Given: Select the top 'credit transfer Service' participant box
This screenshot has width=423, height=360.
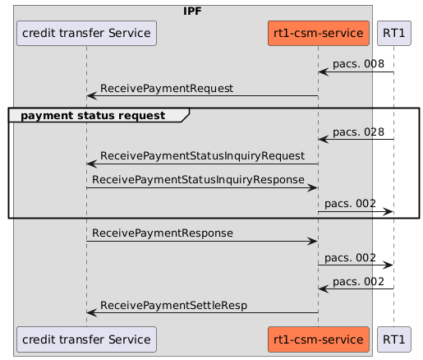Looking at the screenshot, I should click(86, 33).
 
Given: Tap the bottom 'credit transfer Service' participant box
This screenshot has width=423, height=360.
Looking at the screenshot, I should click(86, 338).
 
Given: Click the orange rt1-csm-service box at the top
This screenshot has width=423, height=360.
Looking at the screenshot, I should click(318, 33).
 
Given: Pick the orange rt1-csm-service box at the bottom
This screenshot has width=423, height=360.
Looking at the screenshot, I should click(318, 338).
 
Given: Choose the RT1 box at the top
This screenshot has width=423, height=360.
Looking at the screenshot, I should click(393, 33).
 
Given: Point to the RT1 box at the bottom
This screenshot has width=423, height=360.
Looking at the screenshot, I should click(393, 338).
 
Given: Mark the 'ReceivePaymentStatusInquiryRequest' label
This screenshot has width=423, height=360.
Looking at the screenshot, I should click(202, 156).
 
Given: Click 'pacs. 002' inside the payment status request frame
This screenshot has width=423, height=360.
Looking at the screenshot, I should click(351, 203).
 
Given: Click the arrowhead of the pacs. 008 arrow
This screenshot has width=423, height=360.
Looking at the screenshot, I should click(323, 72).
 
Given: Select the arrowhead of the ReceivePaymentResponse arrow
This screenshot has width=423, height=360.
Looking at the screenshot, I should click(313, 242).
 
